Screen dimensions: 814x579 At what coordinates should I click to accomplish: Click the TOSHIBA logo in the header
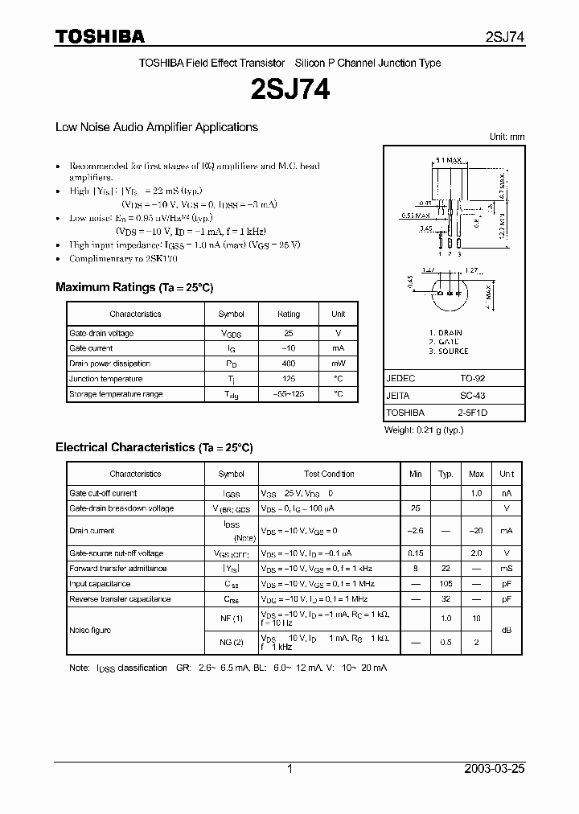100,36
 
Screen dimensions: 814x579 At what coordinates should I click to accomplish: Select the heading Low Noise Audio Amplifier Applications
156,127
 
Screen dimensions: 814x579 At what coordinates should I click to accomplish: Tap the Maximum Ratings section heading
133,287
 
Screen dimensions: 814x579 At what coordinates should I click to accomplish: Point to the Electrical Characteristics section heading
154,447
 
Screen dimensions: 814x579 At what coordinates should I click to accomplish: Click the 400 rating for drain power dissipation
288,364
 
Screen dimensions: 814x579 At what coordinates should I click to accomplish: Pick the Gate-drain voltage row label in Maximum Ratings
101,333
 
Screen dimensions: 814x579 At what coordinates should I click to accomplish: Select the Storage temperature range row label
116,394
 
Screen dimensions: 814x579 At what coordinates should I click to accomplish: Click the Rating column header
288,314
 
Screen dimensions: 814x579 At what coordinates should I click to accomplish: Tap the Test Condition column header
329,474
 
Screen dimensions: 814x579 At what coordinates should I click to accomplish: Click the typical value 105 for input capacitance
446,584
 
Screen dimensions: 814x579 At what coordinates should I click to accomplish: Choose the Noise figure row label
90,631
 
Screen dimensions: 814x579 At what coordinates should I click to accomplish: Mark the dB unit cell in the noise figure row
507,631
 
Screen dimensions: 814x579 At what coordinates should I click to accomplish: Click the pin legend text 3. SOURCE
448,351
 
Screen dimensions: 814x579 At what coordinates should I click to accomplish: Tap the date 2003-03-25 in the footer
495,769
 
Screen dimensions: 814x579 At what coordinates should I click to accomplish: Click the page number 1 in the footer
289,769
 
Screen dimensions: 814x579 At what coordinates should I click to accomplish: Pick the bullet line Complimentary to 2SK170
123,259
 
